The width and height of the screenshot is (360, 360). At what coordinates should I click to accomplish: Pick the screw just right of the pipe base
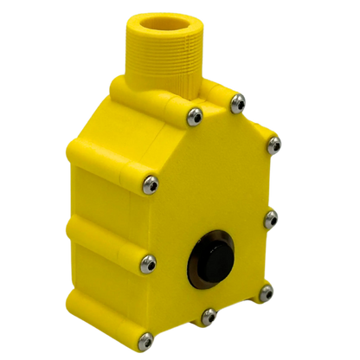pyautogui.click(x=235, y=105)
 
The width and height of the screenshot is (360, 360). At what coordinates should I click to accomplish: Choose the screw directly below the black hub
pyautogui.click(x=209, y=318)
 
